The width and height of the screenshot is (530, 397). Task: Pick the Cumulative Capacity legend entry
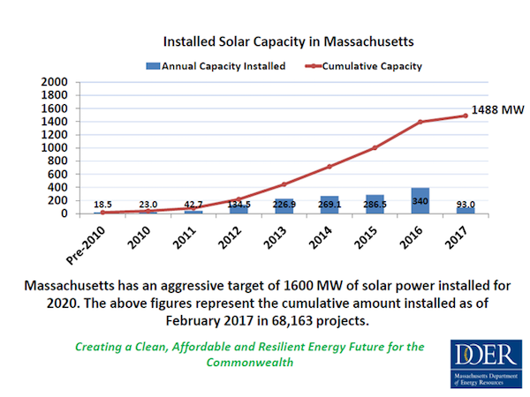pyautogui.click(x=372, y=65)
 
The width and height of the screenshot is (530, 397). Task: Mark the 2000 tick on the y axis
pyautogui.click(x=56, y=82)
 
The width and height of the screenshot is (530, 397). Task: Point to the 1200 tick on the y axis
pyautogui.click(x=56, y=135)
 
